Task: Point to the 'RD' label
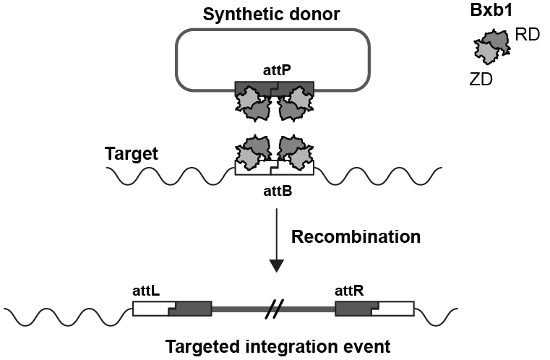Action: coord(530,35)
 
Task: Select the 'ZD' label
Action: coord(481,80)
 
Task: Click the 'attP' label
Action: coord(274,72)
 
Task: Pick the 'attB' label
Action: coord(274,193)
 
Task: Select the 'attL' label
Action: coord(145,290)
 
